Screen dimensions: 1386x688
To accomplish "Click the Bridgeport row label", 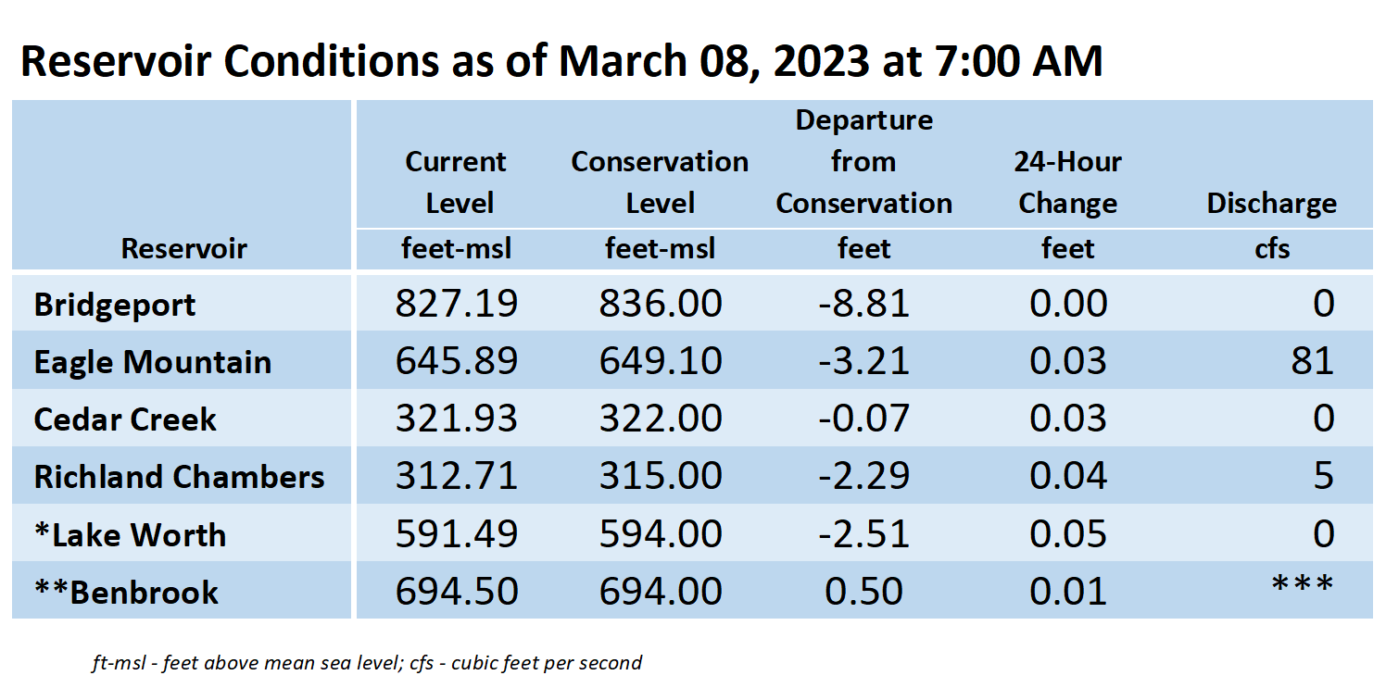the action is (115, 305).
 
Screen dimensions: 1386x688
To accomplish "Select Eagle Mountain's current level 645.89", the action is (457, 361).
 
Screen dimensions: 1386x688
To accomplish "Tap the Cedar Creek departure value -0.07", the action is (863, 419).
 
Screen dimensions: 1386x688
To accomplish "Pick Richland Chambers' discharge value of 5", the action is (1323, 476).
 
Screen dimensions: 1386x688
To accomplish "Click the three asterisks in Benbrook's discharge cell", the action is (1303, 584).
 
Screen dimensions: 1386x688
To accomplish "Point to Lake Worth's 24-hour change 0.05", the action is (1068, 534).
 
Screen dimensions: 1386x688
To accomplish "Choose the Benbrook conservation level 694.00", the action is (661, 592).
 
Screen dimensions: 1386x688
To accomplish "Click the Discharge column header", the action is (1271, 204).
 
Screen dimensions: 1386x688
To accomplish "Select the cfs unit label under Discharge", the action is (1272, 248).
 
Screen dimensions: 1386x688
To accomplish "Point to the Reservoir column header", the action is (183, 248).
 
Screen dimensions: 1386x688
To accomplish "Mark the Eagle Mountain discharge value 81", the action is (1313, 361).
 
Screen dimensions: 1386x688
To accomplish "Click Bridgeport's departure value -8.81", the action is (863, 304).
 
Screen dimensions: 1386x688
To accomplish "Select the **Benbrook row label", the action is (126, 593).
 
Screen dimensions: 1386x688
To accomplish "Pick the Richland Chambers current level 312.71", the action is (457, 476).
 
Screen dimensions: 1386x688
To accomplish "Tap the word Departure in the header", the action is (863, 120).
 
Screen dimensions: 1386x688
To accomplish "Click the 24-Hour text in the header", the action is (1068, 162).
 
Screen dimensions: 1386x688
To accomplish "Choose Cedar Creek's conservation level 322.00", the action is (661, 419).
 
